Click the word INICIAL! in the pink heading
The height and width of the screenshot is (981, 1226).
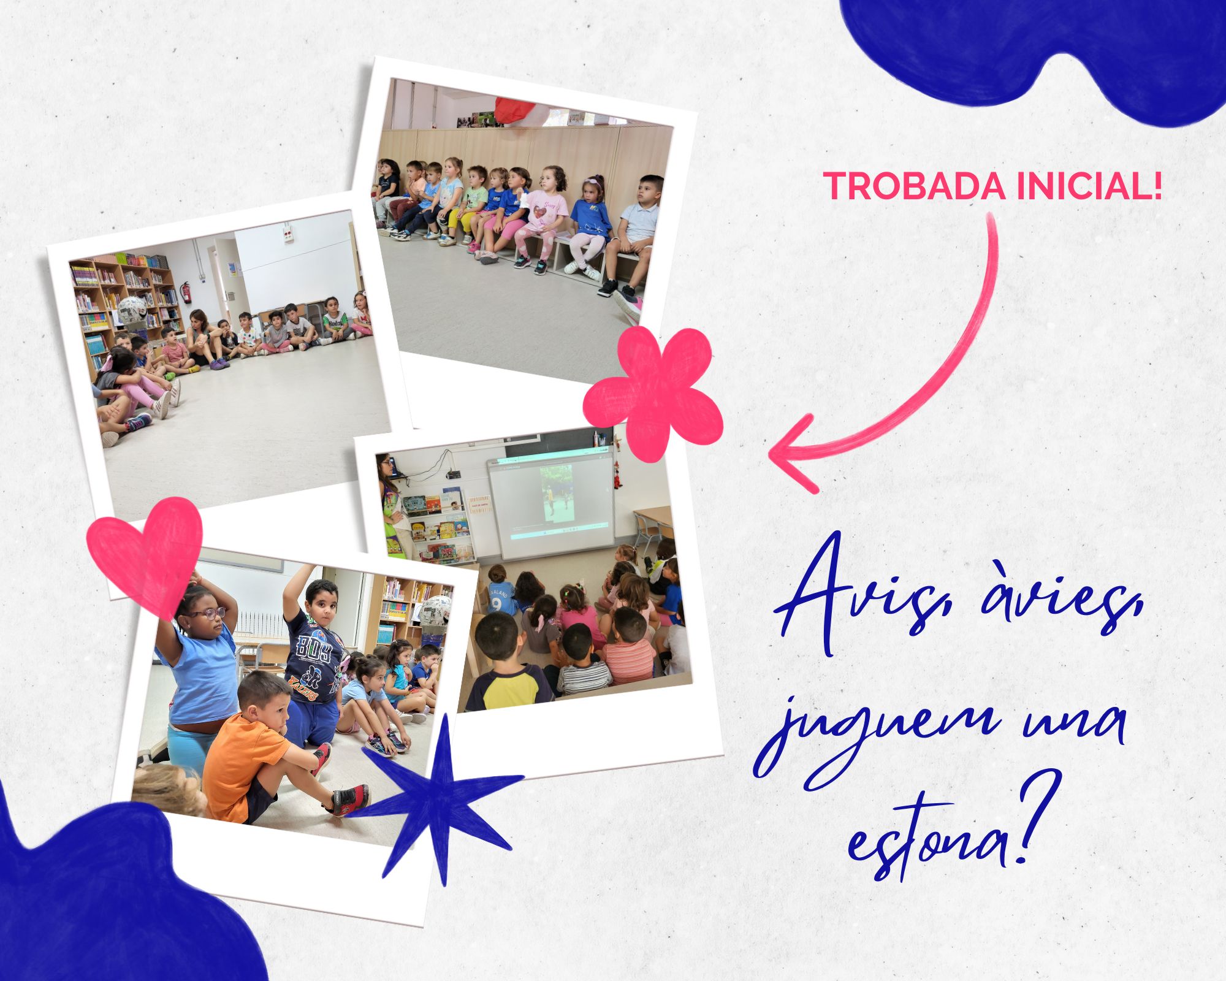click(1089, 186)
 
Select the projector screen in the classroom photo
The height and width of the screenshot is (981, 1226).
click(550, 503)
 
